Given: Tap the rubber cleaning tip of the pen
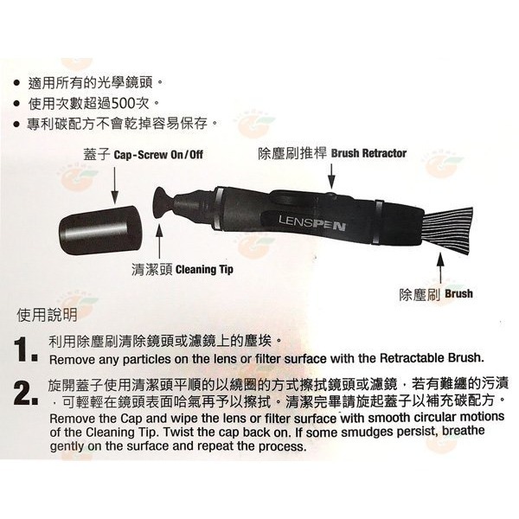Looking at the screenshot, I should click(x=162, y=206).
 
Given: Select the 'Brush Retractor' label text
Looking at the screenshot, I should click(x=368, y=154).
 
